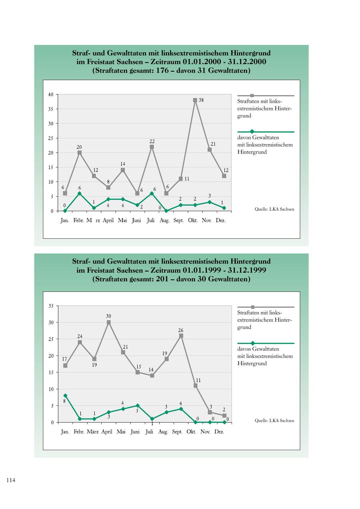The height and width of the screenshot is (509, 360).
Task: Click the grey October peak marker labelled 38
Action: click(x=195, y=100)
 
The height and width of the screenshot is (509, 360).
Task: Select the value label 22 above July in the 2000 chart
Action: click(x=152, y=142)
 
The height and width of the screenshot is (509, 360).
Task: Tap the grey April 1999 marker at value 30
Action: click(x=108, y=322)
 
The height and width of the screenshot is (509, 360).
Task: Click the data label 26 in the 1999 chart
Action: click(x=181, y=330)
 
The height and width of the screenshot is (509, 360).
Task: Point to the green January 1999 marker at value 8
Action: click(x=65, y=395)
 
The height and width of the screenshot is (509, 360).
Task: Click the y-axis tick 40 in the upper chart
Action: click(x=50, y=95)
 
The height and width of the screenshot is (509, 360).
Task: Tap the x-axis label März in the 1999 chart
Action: click(x=92, y=432)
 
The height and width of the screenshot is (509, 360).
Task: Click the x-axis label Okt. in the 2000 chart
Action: click(x=193, y=220)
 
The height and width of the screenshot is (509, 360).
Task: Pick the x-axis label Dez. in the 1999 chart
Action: click(x=219, y=432)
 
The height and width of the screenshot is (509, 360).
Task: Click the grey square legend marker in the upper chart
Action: click(x=252, y=96)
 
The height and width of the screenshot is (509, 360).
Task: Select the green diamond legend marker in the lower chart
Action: click(x=252, y=343)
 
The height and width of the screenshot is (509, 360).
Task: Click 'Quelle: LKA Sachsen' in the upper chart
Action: click(x=274, y=209)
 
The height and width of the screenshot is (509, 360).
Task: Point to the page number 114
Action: click(x=11, y=481)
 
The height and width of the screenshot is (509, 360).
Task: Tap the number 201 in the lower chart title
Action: click(x=161, y=279)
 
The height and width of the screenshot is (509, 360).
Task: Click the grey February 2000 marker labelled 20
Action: click(x=80, y=152)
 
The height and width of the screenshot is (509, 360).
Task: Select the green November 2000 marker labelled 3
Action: click(x=210, y=202)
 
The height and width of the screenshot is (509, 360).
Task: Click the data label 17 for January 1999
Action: click(x=65, y=359)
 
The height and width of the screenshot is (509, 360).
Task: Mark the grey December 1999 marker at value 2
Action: click(x=224, y=416)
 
